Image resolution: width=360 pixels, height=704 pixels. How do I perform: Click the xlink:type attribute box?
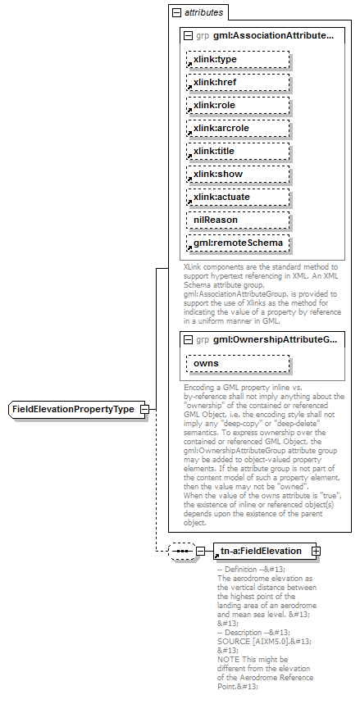pyautogui.click(x=238, y=60)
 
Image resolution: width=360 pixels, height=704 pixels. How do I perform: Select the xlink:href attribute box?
pyautogui.click(x=238, y=83)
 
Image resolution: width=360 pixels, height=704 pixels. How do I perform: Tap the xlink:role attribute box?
pyautogui.click(x=238, y=106)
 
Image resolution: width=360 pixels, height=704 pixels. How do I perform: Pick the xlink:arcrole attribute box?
pyautogui.click(x=238, y=129)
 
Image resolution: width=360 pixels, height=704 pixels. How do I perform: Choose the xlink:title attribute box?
pyautogui.click(x=238, y=152)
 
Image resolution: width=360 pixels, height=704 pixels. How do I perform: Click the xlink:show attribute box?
pyautogui.click(x=238, y=175)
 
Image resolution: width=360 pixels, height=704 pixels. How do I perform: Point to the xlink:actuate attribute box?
pyautogui.click(x=238, y=198)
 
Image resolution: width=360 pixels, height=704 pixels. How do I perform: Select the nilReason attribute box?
pyautogui.click(x=238, y=220)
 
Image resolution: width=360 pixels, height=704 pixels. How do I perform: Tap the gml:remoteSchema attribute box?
pyautogui.click(x=238, y=243)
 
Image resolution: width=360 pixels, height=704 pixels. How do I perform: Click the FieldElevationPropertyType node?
pyautogui.click(x=74, y=409)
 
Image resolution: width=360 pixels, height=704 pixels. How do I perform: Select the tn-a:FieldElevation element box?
pyautogui.click(x=262, y=551)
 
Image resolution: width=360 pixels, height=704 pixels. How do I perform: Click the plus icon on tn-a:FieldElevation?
pyautogui.click(x=316, y=551)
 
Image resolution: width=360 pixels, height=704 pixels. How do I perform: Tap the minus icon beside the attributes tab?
pyautogui.click(x=176, y=13)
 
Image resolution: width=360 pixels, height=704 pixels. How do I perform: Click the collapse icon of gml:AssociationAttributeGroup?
pyautogui.click(x=189, y=36)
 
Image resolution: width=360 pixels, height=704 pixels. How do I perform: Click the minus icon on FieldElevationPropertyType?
pyautogui.click(x=144, y=409)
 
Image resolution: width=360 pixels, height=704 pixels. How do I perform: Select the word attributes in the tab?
pyautogui.click(x=203, y=13)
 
